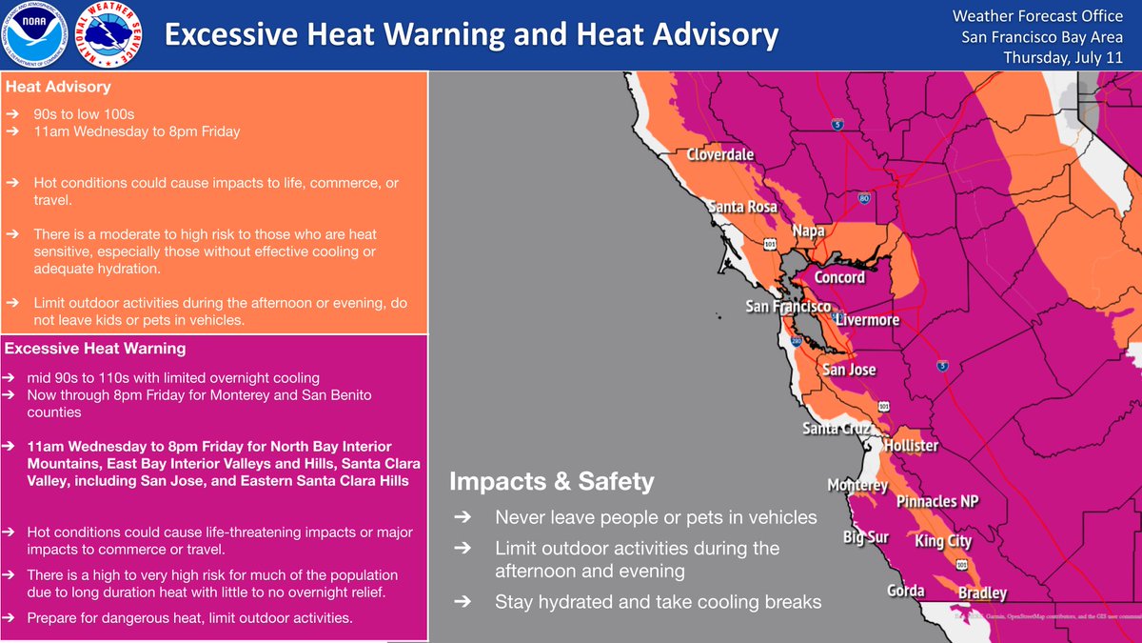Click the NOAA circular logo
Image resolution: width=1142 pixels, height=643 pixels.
(x=34, y=36)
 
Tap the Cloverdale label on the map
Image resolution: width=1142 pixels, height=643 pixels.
(x=720, y=154)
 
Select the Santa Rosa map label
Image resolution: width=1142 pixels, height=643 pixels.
(x=742, y=206)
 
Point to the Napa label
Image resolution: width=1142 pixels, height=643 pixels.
(x=809, y=231)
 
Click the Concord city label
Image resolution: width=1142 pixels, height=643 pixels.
(x=839, y=277)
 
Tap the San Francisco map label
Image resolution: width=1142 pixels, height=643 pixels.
(x=787, y=307)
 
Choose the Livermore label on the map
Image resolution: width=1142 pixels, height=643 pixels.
(x=867, y=320)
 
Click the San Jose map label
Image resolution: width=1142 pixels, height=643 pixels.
(x=849, y=370)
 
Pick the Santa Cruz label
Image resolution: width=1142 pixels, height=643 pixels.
(x=835, y=429)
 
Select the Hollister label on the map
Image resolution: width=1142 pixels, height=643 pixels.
(x=911, y=446)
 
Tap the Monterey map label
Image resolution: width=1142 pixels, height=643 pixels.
(x=857, y=486)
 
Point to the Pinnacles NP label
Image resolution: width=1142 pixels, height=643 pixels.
(x=937, y=501)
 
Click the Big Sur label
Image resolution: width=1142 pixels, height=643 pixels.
(x=866, y=537)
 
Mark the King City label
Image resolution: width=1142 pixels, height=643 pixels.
(x=943, y=541)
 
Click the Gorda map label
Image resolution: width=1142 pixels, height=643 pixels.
(x=905, y=591)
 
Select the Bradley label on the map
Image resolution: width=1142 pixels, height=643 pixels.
(x=982, y=593)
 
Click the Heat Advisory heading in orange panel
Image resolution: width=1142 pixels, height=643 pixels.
(x=58, y=88)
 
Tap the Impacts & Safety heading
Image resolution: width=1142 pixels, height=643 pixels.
(x=551, y=482)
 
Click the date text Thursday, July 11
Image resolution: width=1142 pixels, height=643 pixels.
(x=1063, y=57)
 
